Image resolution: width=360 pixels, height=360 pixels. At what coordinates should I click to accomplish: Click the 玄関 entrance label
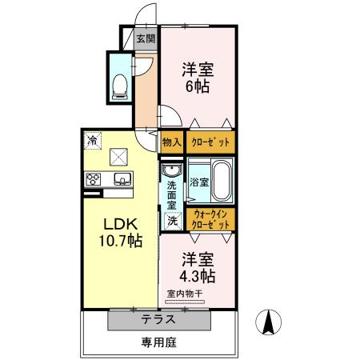(x=145, y=38)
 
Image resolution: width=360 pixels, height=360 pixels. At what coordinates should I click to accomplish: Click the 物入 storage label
(x=171, y=142)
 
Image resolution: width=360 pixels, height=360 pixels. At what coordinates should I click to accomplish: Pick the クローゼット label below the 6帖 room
(x=211, y=142)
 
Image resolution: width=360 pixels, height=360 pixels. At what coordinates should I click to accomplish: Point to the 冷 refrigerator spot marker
(x=93, y=142)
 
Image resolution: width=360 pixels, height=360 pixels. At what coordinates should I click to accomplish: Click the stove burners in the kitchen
(x=93, y=178)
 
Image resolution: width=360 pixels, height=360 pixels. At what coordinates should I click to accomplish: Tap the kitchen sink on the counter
(x=122, y=178)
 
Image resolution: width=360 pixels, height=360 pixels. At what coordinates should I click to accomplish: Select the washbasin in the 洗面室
(x=171, y=171)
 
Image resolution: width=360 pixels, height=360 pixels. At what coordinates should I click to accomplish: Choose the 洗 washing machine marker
(x=171, y=219)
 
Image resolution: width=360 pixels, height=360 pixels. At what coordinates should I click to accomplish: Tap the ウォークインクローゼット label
(x=211, y=218)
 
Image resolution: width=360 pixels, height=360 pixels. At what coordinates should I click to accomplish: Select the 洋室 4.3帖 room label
(x=198, y=267)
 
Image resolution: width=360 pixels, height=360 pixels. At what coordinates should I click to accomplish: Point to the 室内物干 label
(x=185, y=294)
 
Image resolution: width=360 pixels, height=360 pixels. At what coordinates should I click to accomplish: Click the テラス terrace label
(x=159, y=319)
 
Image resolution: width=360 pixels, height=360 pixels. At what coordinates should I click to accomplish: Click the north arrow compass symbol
(x=270, y=324)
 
